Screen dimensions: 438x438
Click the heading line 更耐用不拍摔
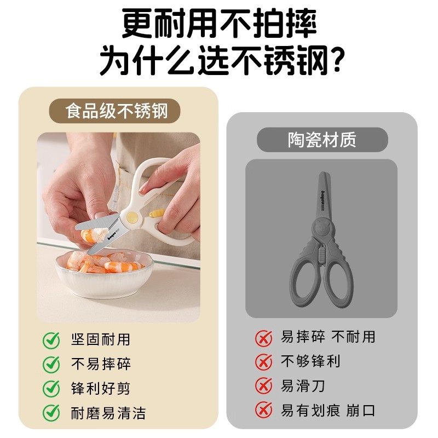coord(219,25)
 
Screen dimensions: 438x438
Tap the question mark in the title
coord(331,61)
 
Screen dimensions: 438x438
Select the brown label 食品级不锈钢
coord(115,112)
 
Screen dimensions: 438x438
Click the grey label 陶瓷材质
coord(322,140)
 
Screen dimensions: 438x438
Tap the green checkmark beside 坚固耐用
coord(51,340)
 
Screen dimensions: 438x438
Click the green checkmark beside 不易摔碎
coord(51,364)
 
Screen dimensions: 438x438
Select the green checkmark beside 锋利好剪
coord(51,388)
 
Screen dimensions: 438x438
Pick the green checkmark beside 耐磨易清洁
coord(51,412)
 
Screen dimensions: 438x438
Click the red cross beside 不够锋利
coord(263,362)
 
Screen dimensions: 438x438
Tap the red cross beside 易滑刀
coord(263,386)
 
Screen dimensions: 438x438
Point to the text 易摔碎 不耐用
coord(328,337)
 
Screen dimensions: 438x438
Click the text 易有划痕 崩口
coord(328,411)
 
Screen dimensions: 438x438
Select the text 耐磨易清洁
coord(108,412)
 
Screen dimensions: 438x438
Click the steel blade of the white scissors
coord(99,224)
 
